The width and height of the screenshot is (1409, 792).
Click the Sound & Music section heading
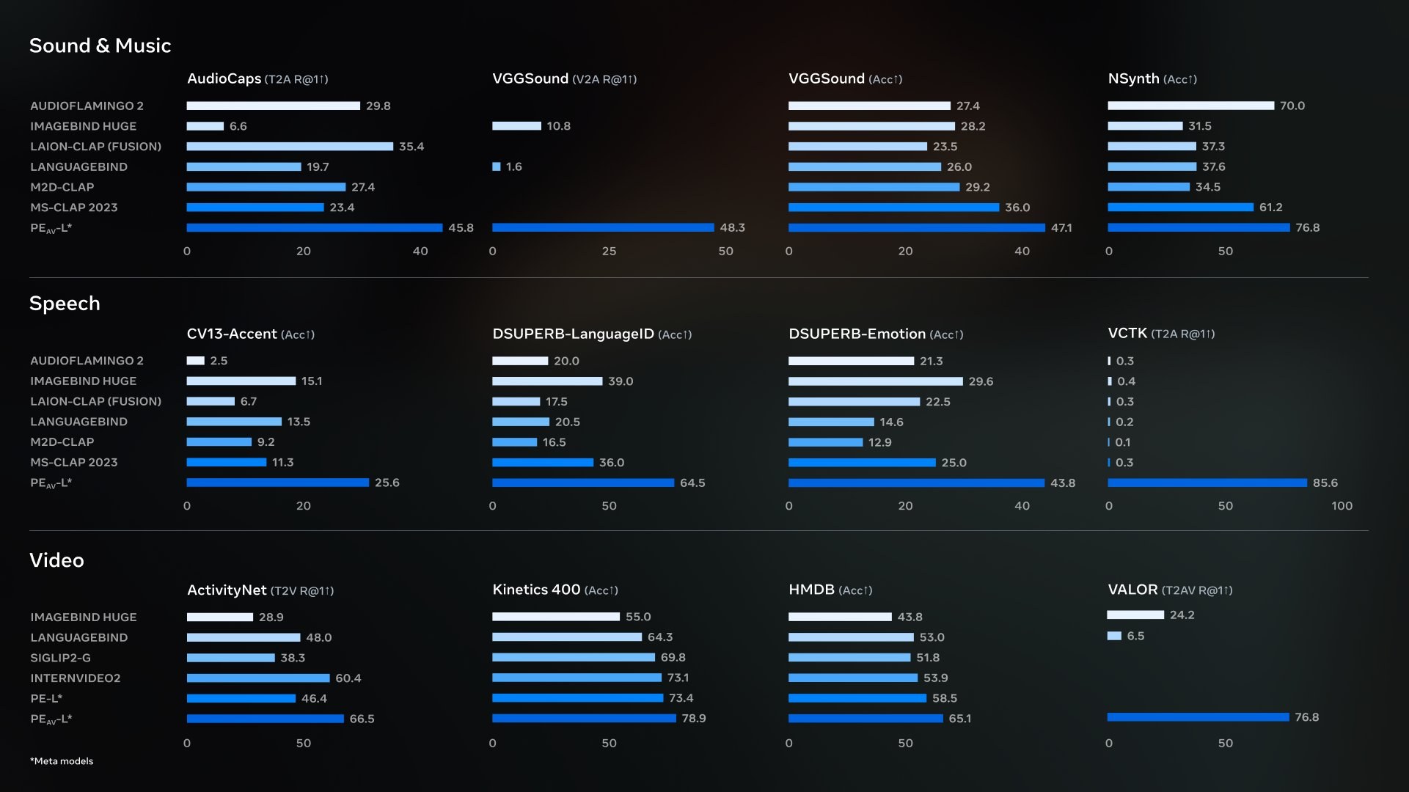coord(100,45)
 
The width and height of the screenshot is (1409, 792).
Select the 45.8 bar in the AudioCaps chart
coord(315,228)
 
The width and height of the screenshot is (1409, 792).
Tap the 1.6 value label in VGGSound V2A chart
coord(514,167)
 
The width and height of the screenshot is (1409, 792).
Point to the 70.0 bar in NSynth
coord(1190,106)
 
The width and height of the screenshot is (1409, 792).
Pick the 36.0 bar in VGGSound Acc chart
coord(893,208)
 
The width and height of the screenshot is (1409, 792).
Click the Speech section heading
coord(65,304)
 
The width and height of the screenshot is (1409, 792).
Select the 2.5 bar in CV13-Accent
coord(195,361)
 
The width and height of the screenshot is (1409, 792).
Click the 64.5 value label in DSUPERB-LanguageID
coord(692,483)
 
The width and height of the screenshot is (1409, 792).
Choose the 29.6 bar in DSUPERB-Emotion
coord(875,381)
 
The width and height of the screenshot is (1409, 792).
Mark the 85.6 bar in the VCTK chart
coord(1207,483)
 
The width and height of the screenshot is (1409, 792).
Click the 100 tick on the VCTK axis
coord(1342,506)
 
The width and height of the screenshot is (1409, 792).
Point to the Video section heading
coord(56,560)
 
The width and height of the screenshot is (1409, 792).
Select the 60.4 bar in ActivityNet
coord(258,678)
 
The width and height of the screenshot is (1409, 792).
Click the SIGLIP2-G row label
coord(60,658)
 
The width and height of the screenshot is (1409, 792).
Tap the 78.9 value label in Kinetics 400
coord(694,719)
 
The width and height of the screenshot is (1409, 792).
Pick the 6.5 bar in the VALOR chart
coord(1114,636)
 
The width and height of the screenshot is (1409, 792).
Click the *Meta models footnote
coord(62,761)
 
